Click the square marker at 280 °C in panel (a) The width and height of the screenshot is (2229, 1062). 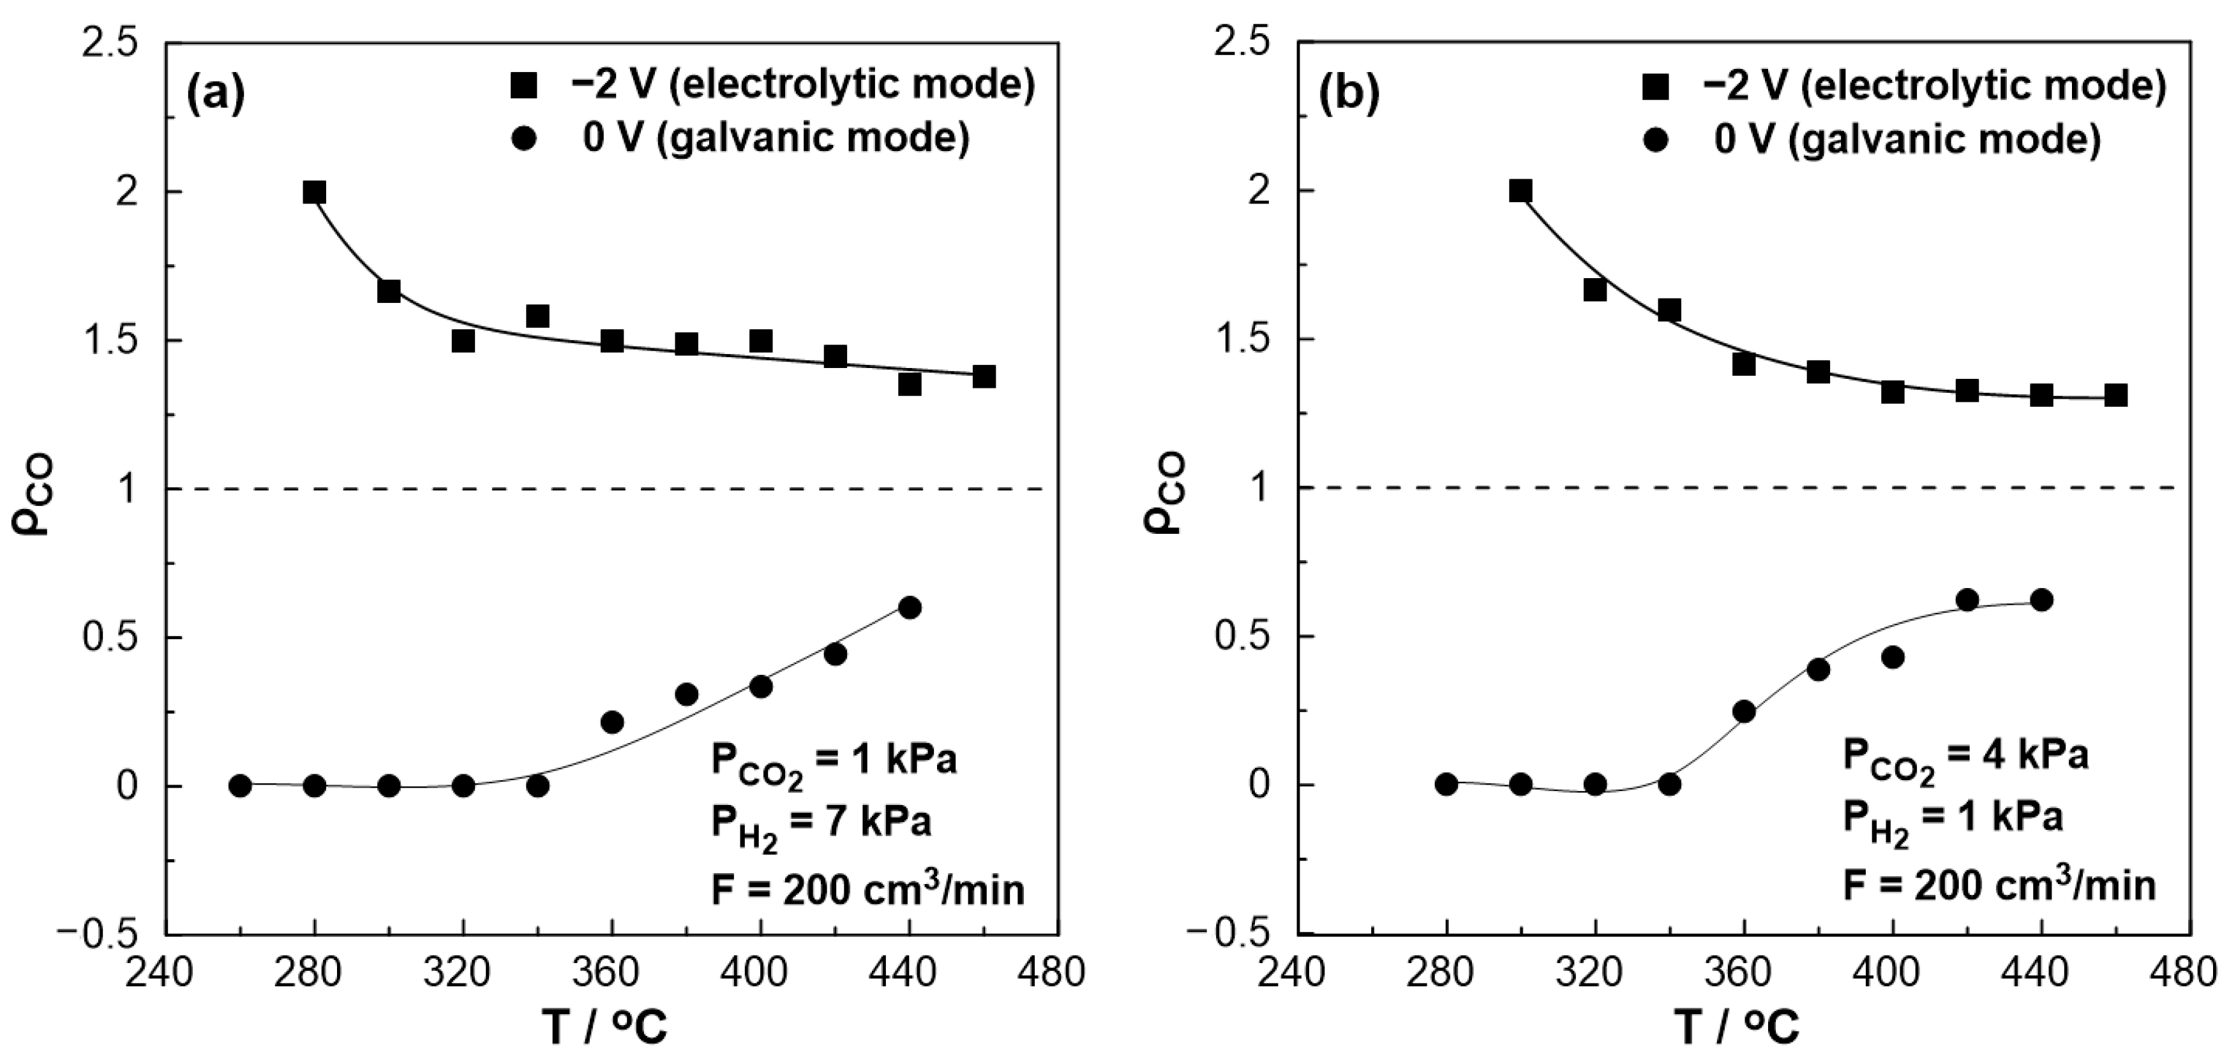(314, 192)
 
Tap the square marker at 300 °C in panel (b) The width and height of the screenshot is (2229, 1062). (1520, 191)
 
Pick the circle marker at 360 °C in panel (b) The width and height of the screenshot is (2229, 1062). (1744, 712)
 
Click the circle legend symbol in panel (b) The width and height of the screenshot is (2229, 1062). (1655, 139)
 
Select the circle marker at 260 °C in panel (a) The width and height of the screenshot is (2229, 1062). (241, 785)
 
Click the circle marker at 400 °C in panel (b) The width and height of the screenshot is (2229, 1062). (1893, 657)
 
